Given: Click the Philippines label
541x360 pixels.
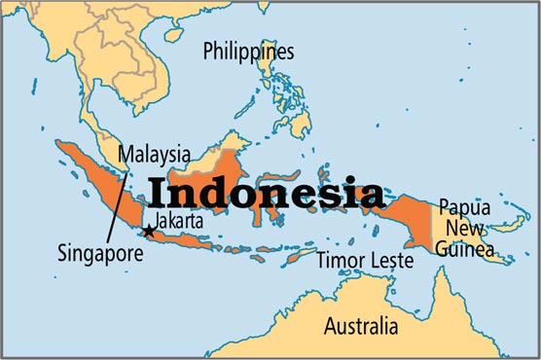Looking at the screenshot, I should [x=248, y=52].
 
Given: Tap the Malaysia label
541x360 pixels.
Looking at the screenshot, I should [x=154, y=154].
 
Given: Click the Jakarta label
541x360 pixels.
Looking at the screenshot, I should [x=178, y=221].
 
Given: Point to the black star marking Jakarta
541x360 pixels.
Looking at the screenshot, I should [x=148, y=231].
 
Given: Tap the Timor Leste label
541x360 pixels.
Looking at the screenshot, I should [x=360, y=260].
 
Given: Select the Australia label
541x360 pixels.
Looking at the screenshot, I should [x=360, y=325].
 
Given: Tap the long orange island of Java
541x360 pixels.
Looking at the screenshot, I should [x=195, y=238].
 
